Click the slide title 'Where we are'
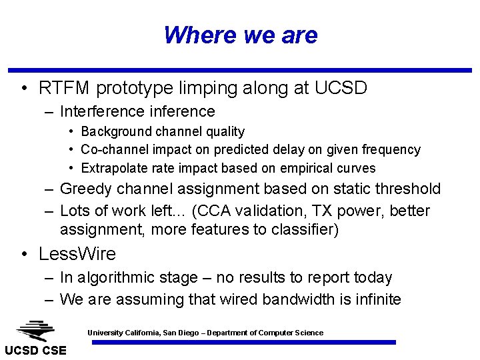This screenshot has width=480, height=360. tap(240, 35)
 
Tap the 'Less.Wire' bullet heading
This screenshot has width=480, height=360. tap(77, 254)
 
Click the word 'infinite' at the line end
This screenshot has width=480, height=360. tap(379, 299)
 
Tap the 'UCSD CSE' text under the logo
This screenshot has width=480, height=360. tap(35, 351)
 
